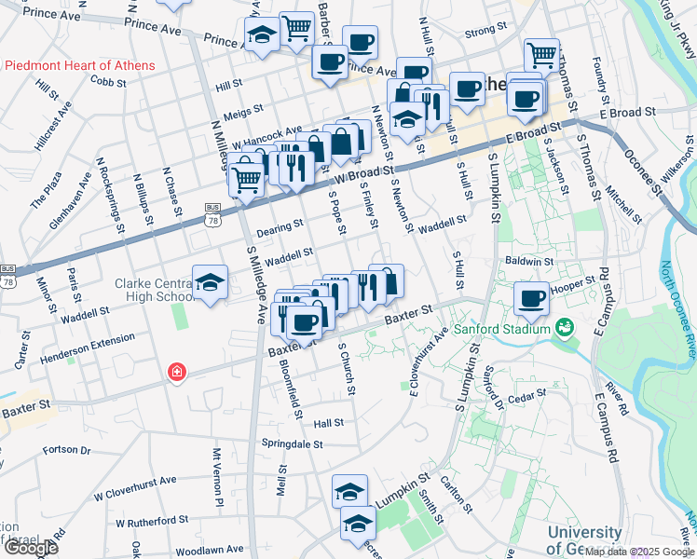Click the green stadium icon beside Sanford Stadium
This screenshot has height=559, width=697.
click(564, 328)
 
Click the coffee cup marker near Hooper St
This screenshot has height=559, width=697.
click(531, 298)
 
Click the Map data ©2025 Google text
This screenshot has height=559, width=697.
click(637, 552)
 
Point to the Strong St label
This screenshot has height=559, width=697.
click(485, 30)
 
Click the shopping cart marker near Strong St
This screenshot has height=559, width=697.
click(540, 55)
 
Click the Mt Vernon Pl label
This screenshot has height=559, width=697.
click(217, 477)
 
